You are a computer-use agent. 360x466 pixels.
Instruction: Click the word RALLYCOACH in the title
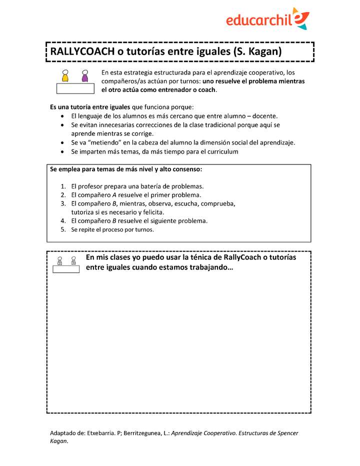pyautogui.click(x=80, y=51)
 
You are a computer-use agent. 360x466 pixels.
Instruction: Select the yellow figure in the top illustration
pyautogui.click(x=65, y=76)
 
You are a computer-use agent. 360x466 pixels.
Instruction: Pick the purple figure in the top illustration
pyautogui.click(x=85, y=76)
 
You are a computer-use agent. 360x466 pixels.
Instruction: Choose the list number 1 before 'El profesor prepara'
pyautogui.click(x=63, y=186)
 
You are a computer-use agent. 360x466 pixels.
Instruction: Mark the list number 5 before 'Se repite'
pyautogui.click(x=63, y=229)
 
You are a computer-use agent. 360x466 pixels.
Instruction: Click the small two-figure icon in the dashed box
pyautogui.click(x=66, y=264)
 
